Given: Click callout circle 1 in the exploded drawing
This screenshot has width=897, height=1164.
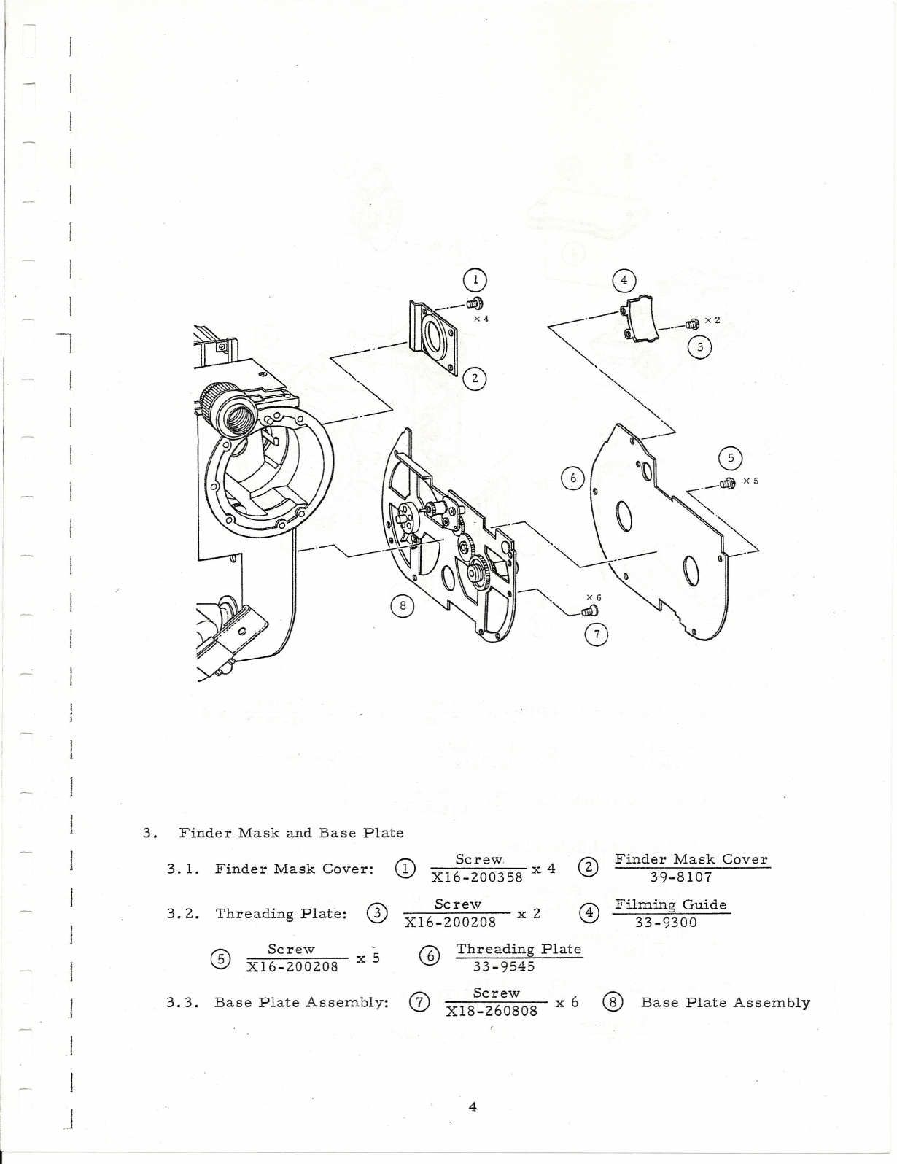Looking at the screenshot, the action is [475, 279].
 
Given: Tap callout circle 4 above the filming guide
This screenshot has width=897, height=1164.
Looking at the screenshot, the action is [624, 280].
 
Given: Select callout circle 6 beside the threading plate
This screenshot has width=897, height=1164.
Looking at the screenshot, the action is [573, 478].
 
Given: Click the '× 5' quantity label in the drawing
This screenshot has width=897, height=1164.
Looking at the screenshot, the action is [750, 481].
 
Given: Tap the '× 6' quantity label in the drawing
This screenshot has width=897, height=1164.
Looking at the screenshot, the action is [594, 598].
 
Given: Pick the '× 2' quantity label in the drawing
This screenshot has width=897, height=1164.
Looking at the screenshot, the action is [712, 321].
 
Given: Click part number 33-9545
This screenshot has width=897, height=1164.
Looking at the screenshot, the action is [504, 966].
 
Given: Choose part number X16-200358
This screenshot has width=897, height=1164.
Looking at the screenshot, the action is [477, 877].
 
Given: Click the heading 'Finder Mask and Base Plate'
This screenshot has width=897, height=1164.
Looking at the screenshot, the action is [291, 832].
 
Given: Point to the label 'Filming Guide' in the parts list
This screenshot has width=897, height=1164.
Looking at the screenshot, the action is [671, 904].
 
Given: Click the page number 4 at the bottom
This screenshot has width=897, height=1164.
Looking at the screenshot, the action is [473, 1107].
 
